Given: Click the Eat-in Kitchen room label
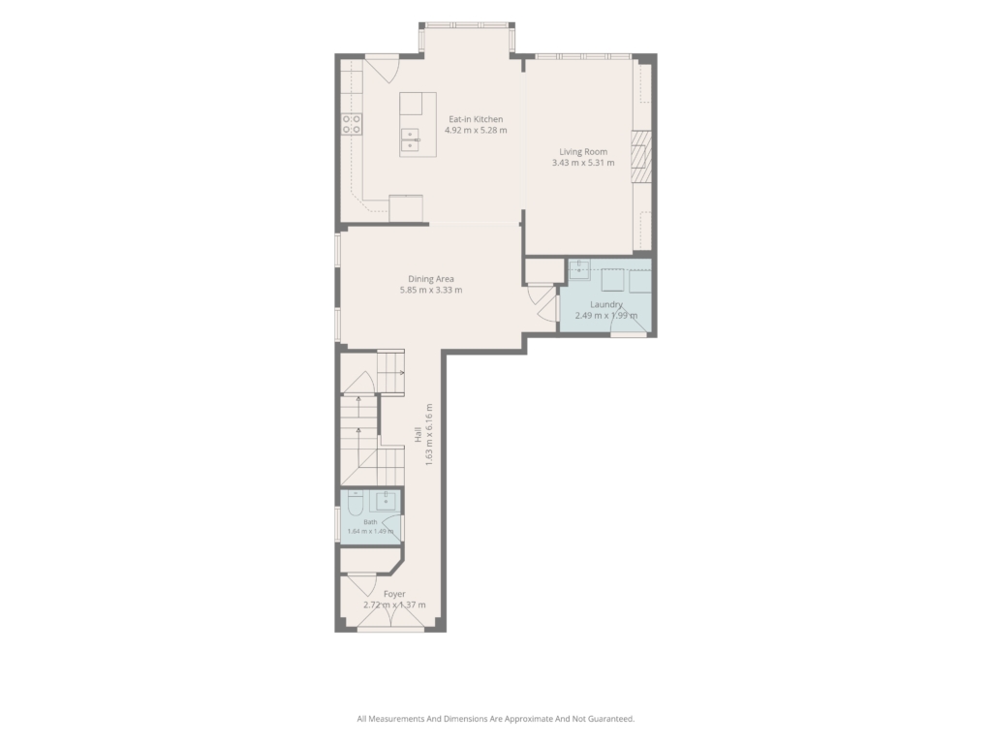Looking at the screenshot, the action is pyautogui.click(x=476, y=119).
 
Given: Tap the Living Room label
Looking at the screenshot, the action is pyautogui.click(x=583, y=152).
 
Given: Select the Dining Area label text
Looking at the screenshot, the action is pyautogui.click(x=431, y=279).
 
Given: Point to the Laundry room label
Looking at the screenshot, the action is pyautogui.click(x=606, y=304).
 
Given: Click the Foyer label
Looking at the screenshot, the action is pyautogui.click(x=395, y=594).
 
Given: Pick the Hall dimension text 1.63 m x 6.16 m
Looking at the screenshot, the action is pyautogui.click(x=428, y=435).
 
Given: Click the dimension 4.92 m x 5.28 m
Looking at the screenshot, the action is pyautogui.click(x=476, y=131).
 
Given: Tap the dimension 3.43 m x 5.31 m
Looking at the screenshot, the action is pyautogui.click(x=583, y=163).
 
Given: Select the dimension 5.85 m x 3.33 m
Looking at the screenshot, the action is pyautogui.click(x=431, y=291).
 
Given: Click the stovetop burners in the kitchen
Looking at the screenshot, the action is pyautogui.click(x=352, y=124).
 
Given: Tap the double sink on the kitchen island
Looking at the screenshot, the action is pyautogui.click(x=410, y=139).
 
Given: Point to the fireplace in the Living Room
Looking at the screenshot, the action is pyautogui.click(x=641, y=156).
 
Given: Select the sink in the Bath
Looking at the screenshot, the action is pyautogui.click(x=386, y=501).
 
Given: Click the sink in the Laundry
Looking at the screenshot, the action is pyautogui.click(x=579, y=269).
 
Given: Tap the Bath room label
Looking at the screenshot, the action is pyautogui.click(x=370, y=522).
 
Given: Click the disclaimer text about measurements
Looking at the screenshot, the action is pyautogui.click(x=495, y=719).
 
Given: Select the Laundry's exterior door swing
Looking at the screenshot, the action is pyautogui.click(x=630, y=322).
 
